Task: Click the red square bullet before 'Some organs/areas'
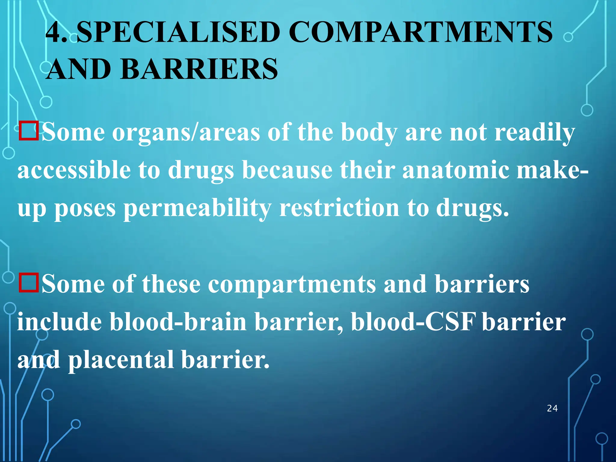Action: point(29,131)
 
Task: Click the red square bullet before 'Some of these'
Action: point(29,283)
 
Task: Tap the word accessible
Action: point(74,170)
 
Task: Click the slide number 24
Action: point(552,408)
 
